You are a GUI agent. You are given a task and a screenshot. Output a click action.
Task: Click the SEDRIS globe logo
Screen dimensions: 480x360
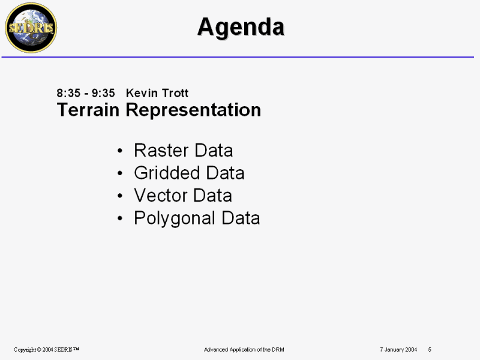[31, 28]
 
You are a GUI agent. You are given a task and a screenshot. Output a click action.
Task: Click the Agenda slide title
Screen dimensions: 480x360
[241, 27]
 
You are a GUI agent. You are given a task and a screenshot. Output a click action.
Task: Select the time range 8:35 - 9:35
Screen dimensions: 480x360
[86, 93]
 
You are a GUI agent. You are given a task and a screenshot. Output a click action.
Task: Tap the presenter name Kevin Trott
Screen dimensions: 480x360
[157, 93]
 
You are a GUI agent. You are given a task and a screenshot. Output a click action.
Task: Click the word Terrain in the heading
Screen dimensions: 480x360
[88, 110]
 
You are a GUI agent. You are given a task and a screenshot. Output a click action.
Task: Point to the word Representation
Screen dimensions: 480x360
[193, 110]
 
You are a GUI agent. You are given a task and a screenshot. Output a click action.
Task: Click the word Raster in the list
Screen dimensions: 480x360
[161, 151]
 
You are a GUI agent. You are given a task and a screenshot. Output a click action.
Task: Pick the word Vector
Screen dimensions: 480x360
[161, 196]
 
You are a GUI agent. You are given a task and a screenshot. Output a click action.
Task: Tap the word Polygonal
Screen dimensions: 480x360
[175, 218]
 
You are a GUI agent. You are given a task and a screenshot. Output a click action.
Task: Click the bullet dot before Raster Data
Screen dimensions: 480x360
[120, 151]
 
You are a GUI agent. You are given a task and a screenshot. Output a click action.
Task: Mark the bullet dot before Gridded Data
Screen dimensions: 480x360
[120, 173]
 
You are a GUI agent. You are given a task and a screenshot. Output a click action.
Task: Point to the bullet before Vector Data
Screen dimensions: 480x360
[120, 196]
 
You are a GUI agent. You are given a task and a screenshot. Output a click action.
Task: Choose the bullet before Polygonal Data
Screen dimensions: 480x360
[120, 218]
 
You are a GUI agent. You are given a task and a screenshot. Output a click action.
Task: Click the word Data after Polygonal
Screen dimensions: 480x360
[241, 218]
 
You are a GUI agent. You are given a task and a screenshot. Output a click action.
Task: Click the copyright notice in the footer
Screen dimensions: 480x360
[46, 350]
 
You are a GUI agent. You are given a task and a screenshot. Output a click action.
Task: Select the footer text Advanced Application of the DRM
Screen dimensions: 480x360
[244, 350]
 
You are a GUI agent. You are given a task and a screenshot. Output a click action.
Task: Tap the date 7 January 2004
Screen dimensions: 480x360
[398, 350]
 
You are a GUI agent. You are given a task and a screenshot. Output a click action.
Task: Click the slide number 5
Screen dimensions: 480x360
[430, 350]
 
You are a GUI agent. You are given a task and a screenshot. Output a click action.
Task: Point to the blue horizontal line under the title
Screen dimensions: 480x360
[238, 57]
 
